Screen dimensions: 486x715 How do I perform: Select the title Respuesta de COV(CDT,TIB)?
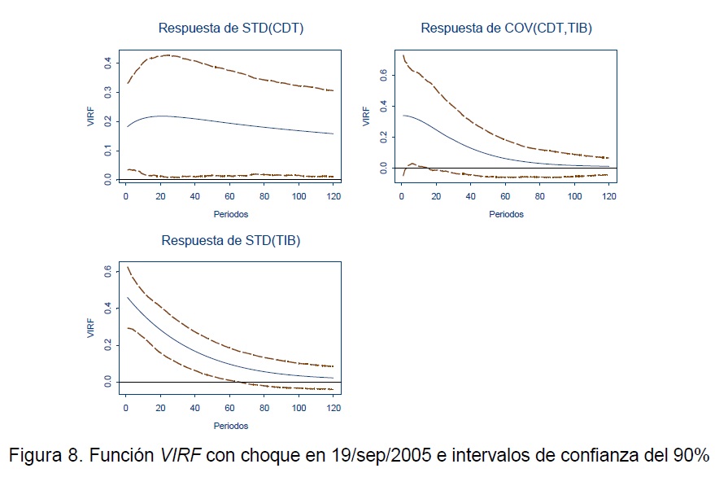point(506,28)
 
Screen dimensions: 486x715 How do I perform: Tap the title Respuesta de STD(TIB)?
point(225,240)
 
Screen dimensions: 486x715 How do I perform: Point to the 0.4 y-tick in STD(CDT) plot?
point(108,62)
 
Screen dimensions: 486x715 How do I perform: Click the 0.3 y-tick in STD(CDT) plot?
point(108,92)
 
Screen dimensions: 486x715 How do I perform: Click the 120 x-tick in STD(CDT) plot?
point(334,198)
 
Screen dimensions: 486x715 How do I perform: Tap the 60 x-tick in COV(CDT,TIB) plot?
point(505,198)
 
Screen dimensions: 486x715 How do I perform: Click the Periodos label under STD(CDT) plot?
point(230,215)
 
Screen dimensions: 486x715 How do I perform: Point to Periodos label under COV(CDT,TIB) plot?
point(506,215)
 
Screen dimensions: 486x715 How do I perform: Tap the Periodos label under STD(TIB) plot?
point(230,426)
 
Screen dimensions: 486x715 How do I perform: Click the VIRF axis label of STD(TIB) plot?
point(92,328)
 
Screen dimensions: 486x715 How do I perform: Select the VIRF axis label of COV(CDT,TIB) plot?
point(368,116)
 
